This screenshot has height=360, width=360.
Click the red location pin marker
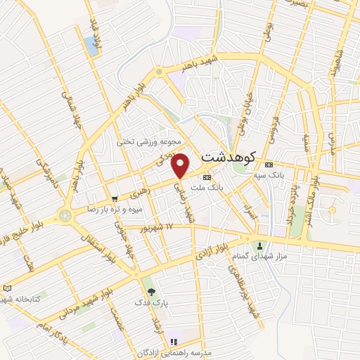coord(181,165)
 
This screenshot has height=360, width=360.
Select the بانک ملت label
coord(207,188)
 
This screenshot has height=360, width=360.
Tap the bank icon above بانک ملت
coord(207,177)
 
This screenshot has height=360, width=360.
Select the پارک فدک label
coord(150,302)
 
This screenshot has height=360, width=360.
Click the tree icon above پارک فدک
coord(150,291)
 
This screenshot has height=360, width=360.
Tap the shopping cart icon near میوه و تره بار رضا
coord(115,199)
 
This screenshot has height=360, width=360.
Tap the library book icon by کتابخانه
coord(8,288)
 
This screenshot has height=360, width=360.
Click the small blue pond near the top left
coord(91,45)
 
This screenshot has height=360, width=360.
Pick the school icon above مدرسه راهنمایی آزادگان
coord(173,342)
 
